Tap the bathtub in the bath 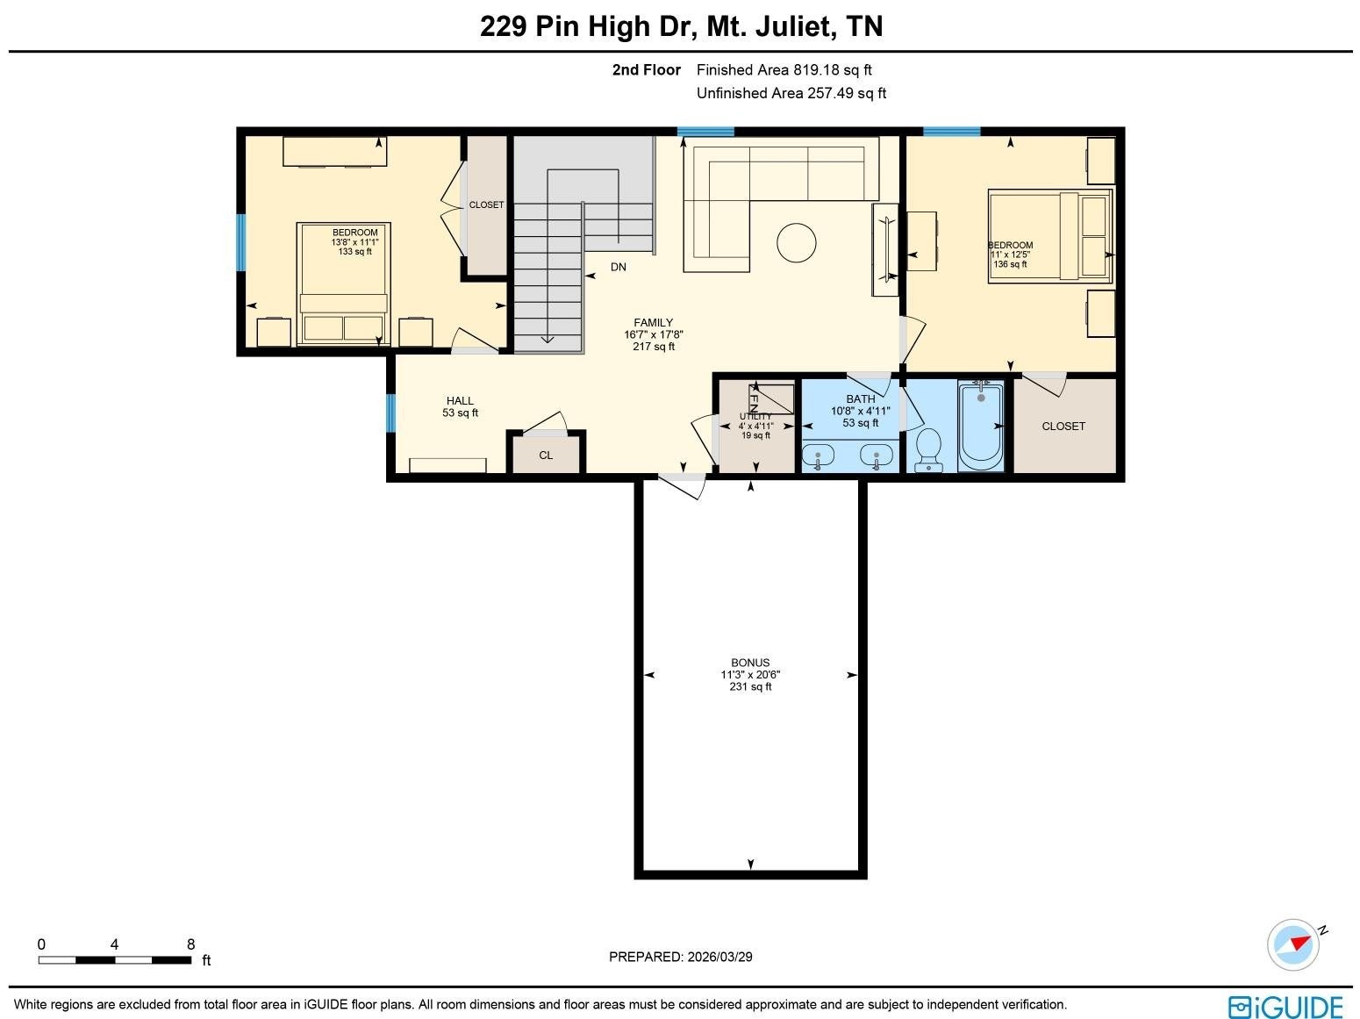click(x=980, y=427)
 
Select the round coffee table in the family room click(x=796, y=242)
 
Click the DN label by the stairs click(x=619, y=267)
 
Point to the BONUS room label click(x=750, y=663)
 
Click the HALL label click(x=460, y=401)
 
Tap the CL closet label click(x=546, y=455)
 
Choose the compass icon click(x=1293, y=944)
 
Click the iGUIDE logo click(x=1285, y=1007)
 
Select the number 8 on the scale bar click(x=190, y=944)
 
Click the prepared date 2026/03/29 click(x=720, y=957)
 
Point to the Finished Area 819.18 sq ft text click(x=784, y=70)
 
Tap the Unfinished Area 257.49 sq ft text click(x=791, y=93)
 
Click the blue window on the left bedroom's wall click(x=241, y=242)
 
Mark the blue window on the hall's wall click(x=391, y=413)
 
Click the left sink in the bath click(x=818, y=456)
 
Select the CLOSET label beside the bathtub click(x=1063, y=427)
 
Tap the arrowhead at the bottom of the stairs click(x=548, y=339)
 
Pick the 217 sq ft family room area click(x=654, y=347)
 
